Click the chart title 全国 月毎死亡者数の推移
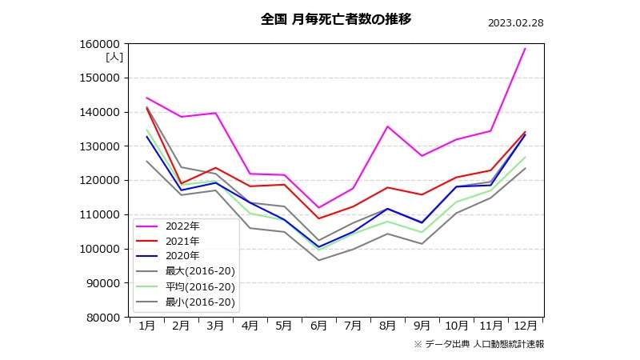pos(336,19)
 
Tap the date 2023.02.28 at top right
pos(515,22)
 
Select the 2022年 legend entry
pos(182,226)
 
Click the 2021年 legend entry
pos(182,241)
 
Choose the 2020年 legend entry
pos(182,256)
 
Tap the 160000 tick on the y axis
pos(103,44)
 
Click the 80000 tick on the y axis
pos(106,318)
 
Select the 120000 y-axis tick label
pos(103,181)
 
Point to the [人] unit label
pos(114,57)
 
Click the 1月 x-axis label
pos(146,326)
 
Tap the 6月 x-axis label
pos(318,326)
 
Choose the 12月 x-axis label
pos(525,326)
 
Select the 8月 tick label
pos(387,326)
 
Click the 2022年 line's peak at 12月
pos(525,49)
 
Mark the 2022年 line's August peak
pos(387,126)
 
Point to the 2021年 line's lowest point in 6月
pos(318,218)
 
